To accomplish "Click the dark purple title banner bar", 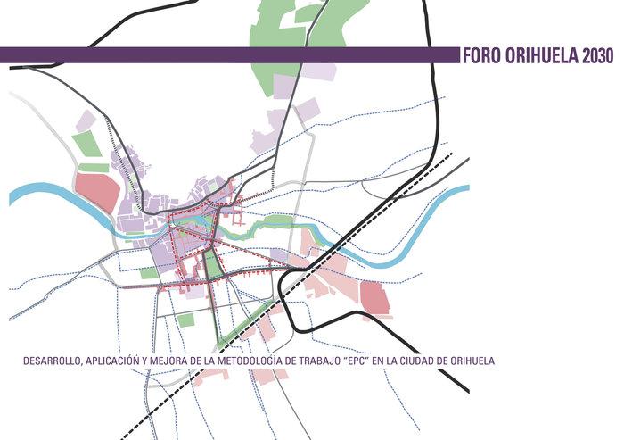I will [x=223, y=55].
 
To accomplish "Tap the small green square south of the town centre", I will [x=185, y=320].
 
